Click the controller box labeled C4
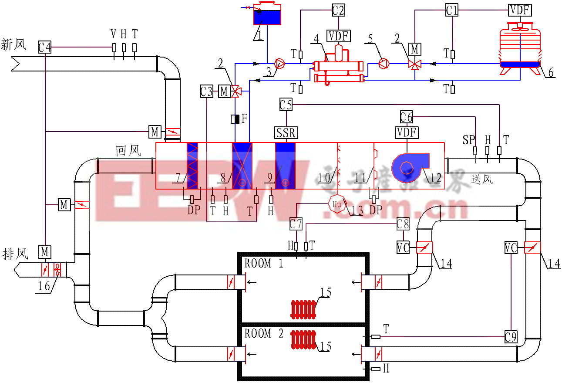point(45,47)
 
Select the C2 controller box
point(338,10)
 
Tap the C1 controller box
point(452,10)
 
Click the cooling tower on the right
point(520,48)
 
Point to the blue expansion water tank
point(266,16)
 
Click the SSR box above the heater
point(286,132)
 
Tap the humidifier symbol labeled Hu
point(337,204)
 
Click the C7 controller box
point(296,224)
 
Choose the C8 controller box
point(403,224)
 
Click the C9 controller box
point(511,337)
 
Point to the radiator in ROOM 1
point(303,309)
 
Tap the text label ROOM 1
point(264,264)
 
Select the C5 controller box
point(286,105)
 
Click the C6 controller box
point(406,117)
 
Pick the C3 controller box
point(207,92)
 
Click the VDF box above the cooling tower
point(520,10)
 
